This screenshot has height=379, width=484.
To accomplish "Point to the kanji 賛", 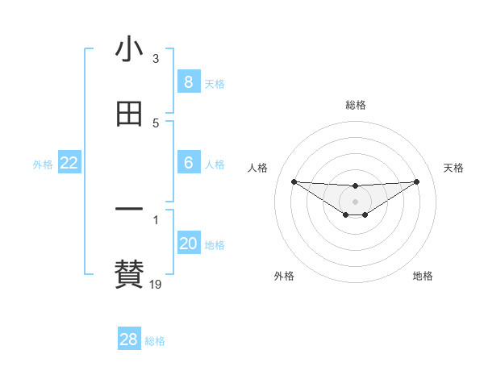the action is (x=129, y=273).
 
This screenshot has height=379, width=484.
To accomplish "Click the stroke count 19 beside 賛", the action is (x=156, y=284).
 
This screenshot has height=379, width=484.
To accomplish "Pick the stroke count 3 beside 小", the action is (x=156, y=59).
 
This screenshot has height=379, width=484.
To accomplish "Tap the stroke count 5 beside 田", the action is (x=156, y=123).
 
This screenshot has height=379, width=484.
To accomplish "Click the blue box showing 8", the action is (x=188, y=82).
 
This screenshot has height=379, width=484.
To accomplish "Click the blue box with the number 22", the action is (x=69, y=164).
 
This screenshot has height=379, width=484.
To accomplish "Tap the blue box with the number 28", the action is (x=128, y=339).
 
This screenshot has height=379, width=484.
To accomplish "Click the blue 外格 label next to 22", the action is (x=43, y=165).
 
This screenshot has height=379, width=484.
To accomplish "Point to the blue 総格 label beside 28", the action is (x=156, y=341).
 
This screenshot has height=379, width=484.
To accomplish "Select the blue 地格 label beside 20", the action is (x=215, y=245).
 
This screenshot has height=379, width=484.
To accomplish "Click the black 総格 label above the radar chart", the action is (x=356, y=105).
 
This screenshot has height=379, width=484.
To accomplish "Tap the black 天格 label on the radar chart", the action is (x=453, y=168).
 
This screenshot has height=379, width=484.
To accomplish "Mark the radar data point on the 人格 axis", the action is (x=294, y=181).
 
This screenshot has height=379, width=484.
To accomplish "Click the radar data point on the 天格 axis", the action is (x=417, y=181).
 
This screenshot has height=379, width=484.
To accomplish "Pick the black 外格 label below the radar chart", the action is (x=284, y=276).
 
